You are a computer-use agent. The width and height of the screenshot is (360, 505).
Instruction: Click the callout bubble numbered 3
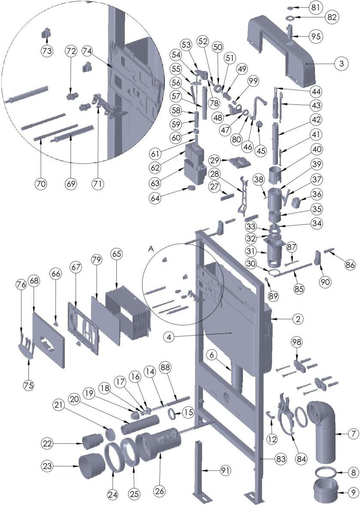point(341,64)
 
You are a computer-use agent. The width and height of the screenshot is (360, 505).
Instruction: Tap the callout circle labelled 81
point(316,8)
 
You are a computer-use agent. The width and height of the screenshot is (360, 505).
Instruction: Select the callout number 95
point(316,36)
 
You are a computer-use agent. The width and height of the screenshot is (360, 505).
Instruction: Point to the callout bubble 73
point(47,50)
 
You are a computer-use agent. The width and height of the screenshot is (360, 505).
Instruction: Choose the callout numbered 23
point(48,465)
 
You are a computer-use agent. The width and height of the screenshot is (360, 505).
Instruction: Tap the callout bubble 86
point(351,265)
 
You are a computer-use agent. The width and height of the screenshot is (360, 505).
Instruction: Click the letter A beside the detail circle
point(151,248)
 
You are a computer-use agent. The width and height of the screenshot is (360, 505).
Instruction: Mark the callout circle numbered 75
point(29,384)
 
